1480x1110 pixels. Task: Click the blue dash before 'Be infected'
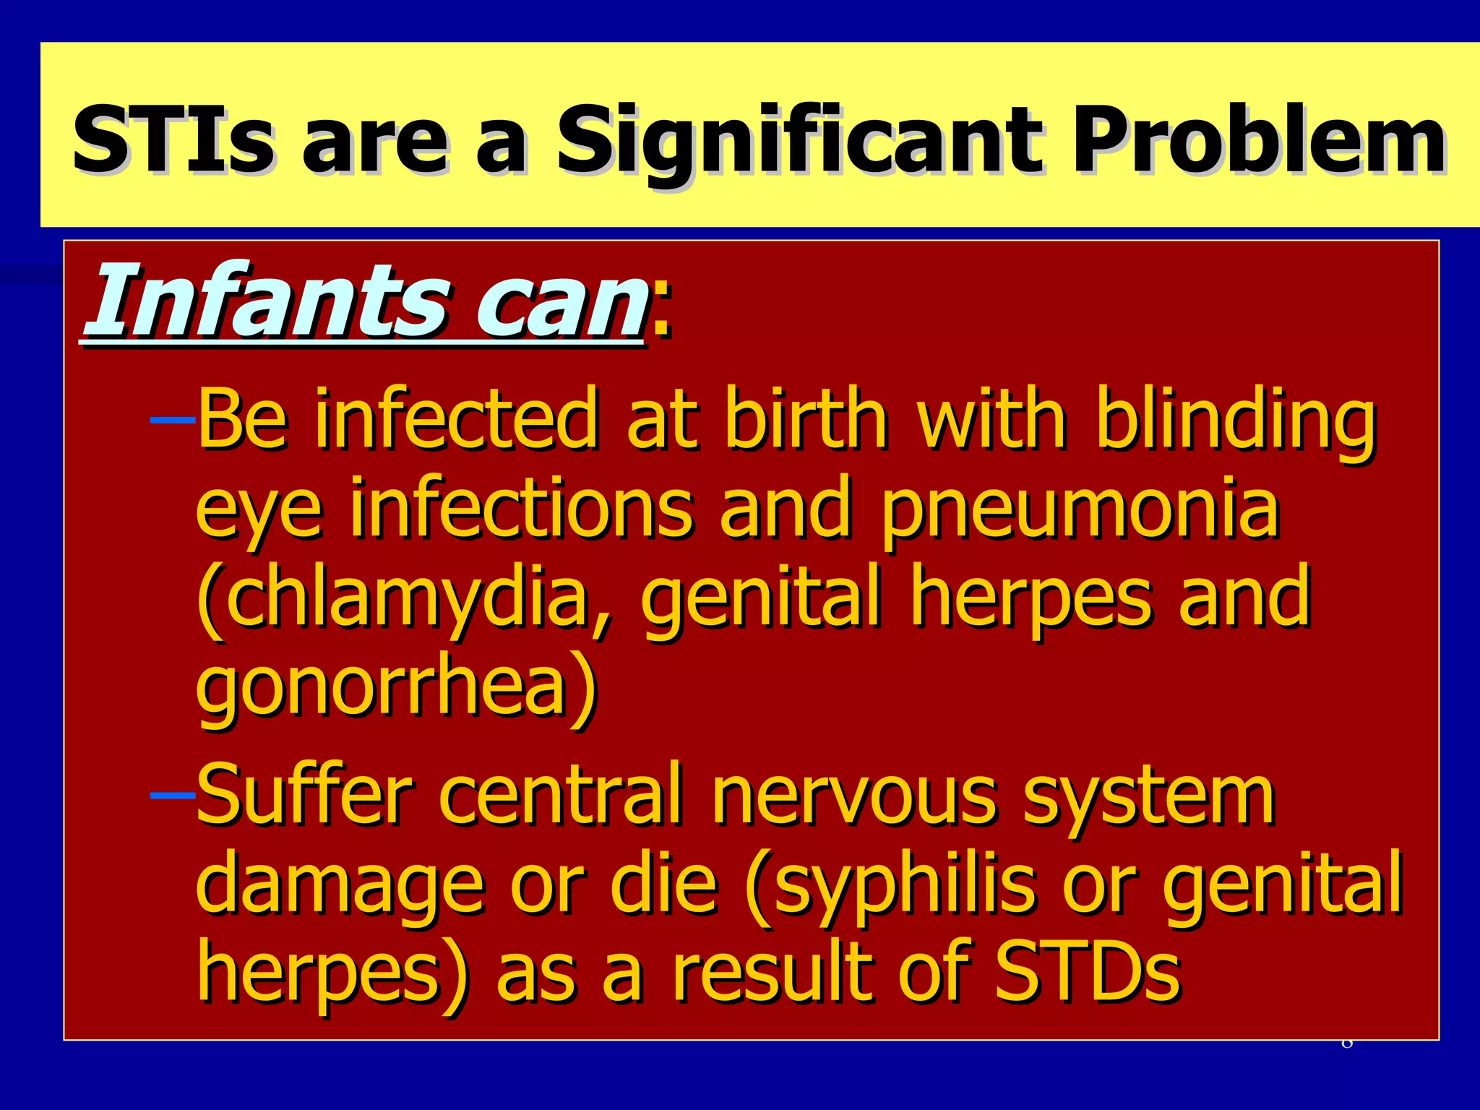tap(172, 419)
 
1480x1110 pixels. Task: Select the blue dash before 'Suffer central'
tap(172, 795)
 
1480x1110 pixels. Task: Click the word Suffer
tap(304, 795)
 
